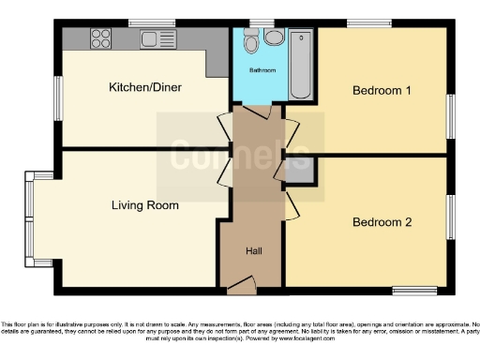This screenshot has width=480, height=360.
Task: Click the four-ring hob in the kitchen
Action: (x=99, y=39)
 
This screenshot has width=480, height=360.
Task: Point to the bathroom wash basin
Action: (x=273, y=37)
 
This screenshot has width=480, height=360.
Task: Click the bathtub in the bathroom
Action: (x=302, y=64)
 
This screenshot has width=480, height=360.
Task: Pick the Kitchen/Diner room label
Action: (x=145, y=88)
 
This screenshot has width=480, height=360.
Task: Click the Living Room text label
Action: (x=144, y=204)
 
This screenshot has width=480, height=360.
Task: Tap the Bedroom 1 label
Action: (x=382, y=91)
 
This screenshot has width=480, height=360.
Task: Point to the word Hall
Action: (x=254, y=251)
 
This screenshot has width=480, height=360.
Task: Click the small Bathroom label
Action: (x=262, y=70)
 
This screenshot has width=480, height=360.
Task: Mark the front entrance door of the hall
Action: (x=241, y=282)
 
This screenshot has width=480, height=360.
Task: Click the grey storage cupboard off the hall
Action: (x=300, y=172)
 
